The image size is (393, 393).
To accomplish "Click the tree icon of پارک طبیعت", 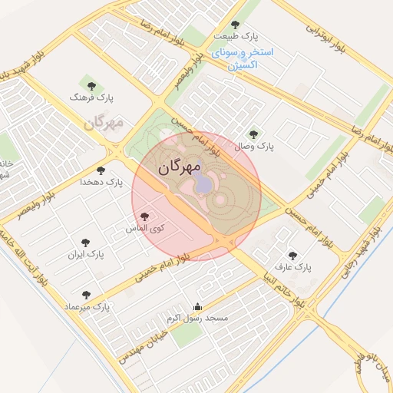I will click(x=235, y=25).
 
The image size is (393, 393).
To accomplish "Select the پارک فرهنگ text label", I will click(x=91, y=98).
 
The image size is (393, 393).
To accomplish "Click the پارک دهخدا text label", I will click(x=101, y=183).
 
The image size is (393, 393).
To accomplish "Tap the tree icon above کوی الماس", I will click(x=145, y=217).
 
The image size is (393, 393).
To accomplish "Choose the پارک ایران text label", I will click(x=85, y=253).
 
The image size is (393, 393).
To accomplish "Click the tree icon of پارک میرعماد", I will click(x=85, y=295).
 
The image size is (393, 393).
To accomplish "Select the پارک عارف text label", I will click(x=292, y=268).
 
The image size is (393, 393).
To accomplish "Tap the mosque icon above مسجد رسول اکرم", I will click(x=197, y=306).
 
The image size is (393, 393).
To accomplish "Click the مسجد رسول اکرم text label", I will click(x=198, y=318).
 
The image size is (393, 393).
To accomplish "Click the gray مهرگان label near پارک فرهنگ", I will click(x=104, y=123).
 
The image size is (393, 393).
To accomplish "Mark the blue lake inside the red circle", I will click(x=202, y=183).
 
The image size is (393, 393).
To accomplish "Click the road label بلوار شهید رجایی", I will click(x=360, y=246).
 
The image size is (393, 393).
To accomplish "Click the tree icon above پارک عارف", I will click(x=292, y=256).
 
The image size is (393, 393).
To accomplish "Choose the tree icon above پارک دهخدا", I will click(x=101, y=170).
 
